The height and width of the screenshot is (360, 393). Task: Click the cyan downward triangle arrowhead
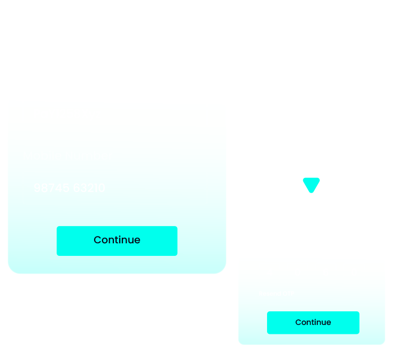(x=311, y=185)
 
